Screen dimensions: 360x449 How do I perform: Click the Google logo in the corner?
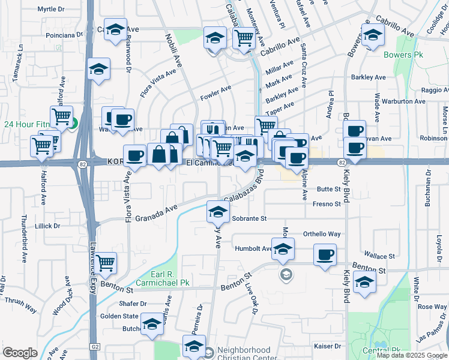point(20,353)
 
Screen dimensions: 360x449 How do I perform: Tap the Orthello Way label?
point(322,234)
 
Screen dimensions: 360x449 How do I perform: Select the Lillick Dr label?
point(47,226)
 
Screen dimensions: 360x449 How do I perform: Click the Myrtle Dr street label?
point(50,9)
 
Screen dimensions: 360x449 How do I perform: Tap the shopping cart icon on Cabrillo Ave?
point(244,38)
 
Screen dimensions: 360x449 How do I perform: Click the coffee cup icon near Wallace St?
point(325,255)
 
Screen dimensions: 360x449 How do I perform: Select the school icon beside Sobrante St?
point(218,211)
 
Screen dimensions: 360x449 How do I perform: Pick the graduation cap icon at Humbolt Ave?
point(283,249)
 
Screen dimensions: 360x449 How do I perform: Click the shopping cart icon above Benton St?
point(106,262)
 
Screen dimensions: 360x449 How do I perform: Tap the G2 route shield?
point(95,347)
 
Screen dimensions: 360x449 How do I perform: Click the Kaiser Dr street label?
point(327,346)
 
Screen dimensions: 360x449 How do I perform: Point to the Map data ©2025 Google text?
point(412,355)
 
